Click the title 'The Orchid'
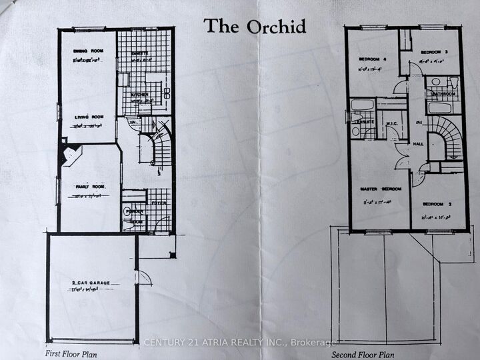pyautogui.click(x=255, y=26)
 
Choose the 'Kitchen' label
pyautogui.click(x=139, y=95)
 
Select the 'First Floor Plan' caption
pyautogui.click(x=71, y=353)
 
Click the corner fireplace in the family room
pyautogui.click(x=69, y=155)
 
